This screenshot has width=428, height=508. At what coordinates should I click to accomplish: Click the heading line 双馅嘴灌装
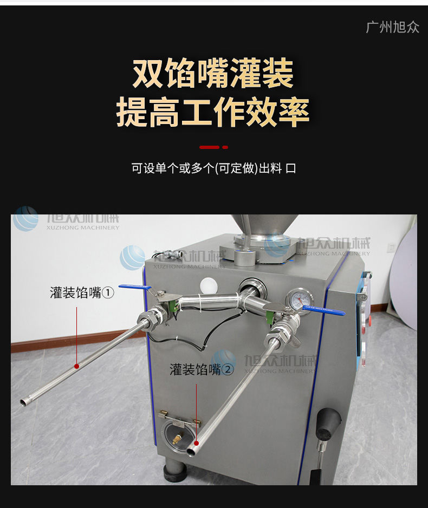coord(213,74)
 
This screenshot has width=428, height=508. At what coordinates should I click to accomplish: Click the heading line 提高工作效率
coord(213,112)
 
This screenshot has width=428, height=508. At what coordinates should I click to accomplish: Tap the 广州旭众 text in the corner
coord(393,27)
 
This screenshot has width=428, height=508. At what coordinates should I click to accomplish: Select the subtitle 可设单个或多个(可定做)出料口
coord(213,168)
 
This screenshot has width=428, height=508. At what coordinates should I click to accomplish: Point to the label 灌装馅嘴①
coord(82,293)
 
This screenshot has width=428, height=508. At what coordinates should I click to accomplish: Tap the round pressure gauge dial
coord(295,299)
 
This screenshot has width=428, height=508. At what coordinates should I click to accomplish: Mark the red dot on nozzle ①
coord(77,366)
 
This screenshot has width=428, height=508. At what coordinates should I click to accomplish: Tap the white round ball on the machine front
coord(207,285)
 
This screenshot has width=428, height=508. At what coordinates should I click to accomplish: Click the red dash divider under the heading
coord(213,147)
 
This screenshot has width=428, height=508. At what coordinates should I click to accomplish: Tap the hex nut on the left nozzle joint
coord(147,318)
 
